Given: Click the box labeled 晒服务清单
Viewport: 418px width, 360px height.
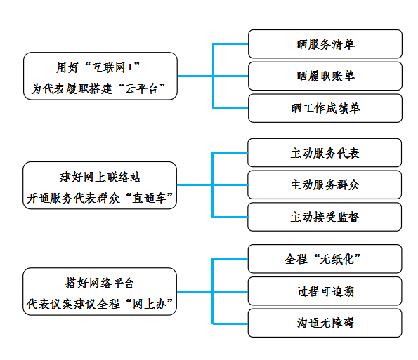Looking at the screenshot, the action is [x=325, y=44].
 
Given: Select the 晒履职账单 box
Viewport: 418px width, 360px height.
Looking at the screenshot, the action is [x=325, y=76].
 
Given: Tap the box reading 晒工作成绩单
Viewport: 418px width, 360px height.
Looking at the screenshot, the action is [x=325, y=108].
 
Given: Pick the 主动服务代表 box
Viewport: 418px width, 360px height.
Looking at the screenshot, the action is [x=325, y=152].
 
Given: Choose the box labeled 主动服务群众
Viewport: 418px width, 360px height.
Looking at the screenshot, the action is [x=325, y=185].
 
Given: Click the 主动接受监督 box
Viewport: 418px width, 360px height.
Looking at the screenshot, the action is [x=325, y=217].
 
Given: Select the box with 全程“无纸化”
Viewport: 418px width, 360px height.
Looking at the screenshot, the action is [x=325, y=259].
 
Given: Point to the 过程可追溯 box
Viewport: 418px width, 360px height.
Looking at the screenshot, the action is [x=325, y=291].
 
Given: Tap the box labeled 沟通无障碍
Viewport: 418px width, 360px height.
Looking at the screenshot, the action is [x=325, y=323].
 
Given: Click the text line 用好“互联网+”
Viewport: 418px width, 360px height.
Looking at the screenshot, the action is [x=98, y=67].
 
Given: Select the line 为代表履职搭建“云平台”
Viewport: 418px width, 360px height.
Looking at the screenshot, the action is [x=98, y=88].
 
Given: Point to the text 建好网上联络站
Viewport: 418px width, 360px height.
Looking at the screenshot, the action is [x=100, y=177].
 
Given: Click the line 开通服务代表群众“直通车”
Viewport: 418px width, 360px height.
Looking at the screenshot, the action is [x=100, y=198].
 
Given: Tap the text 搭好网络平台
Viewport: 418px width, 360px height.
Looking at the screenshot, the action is [x=100, y=283].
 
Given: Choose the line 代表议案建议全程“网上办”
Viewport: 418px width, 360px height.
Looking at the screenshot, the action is [x=100, y=304].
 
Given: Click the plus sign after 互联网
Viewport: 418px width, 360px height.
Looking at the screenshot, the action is [x=130, y=67].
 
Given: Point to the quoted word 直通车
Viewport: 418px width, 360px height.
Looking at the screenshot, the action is [x=149, y=198].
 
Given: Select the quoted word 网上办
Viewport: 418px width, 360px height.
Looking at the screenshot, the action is [x=149, y=304].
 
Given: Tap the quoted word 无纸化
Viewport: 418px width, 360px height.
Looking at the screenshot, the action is [x=337, y=259].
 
